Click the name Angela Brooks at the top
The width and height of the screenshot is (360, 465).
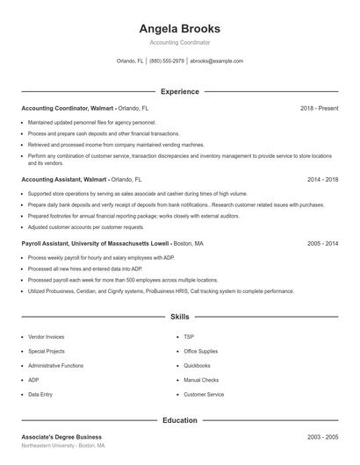(179, 28)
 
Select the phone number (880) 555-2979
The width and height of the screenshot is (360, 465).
(167, 61)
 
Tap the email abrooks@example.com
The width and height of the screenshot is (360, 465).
(216, 61)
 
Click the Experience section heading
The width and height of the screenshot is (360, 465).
(179, 91)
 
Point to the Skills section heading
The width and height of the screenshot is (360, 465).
(179, 316)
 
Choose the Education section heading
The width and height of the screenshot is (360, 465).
(179, 420)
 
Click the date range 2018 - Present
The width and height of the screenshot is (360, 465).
(319, 108)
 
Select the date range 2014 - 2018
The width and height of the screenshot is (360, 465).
(322, 179)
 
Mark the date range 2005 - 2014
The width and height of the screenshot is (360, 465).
(322, 243)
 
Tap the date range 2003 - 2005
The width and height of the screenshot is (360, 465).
(322, 436)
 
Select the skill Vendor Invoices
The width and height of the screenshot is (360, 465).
(46, 336)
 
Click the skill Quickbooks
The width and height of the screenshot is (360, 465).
(198, 365)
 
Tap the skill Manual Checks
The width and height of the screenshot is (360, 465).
(201, 380)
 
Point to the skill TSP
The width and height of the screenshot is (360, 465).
(189, 336)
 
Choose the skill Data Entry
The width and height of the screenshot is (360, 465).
(40, 395)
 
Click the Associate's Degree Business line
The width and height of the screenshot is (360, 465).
(61, 436)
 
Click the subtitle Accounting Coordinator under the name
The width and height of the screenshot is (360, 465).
(179, 42)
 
